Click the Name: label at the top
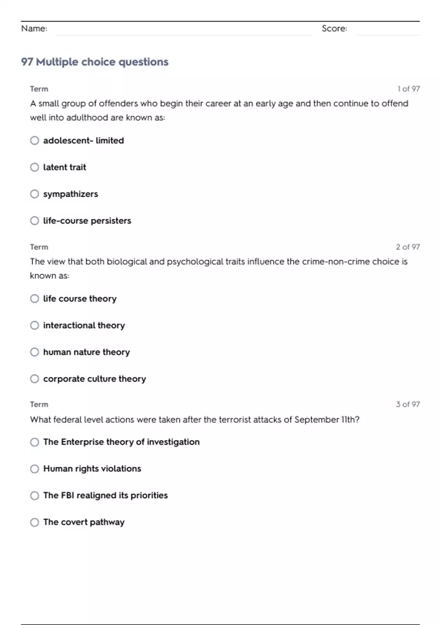pyautogui.click(x=34, y=28)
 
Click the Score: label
pyautogui.click(x=334, y=28)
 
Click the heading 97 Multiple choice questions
pyautogui.click(x=95, y=62)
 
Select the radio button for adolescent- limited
pyautogui.click(x=35, y=140)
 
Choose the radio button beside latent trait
pyautogui.click(x=35, y=167)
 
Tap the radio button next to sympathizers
pyautogui.click(x=35, y=194)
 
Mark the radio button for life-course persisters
pyautogui.click(x=35, y=221)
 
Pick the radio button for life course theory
pyautogui.click(x=35, y=299)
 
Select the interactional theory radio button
pyautogui.click(x=35, y=325)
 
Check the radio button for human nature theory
pyautogui.click(x=35, y=352)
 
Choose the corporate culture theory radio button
pyautogui.click(x=35, y=379)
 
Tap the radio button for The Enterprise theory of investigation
pyautogui.click(x=35, y=442)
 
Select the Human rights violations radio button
pyautogui.click(x=35, y=469)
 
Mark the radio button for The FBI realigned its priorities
pyautogui.click(x=35, y=496)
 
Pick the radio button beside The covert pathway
pyautogui.click(x=35, y=522)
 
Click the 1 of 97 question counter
pyautogui.click(x=408, y=89)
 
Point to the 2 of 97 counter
pyautogui.click(x=408, y=247)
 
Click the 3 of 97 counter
pyautogui.click(x=408, y=404)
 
